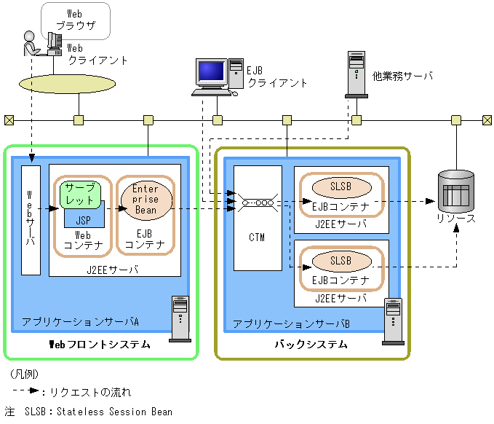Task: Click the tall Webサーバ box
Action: (31, 220)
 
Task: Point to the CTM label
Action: (257, 237)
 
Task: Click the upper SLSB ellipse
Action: (340, 187)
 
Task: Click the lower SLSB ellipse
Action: (340, 260)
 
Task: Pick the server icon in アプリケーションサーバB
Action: (394, 321)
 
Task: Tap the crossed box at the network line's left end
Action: (9, 120)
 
